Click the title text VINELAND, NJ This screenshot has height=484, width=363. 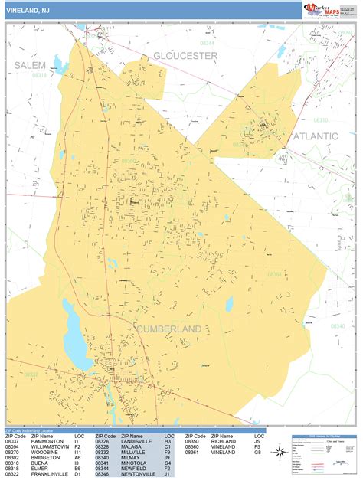[31, 10]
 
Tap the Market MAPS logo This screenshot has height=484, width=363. [322, 9]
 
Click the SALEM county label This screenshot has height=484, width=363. [29, 64]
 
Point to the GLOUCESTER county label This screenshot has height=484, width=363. [185, 56]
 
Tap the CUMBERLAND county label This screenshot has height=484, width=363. [169, 329]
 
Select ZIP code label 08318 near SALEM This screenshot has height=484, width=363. [38, 75]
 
